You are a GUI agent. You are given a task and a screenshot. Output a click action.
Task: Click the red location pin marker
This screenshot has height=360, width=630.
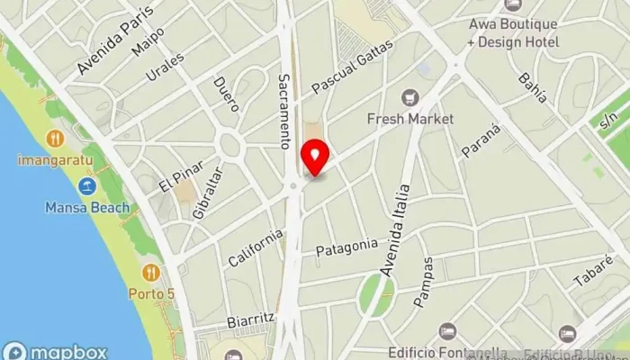[x=315, y=158]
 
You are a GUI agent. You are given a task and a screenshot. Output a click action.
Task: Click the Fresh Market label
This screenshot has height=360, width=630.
[x=409, y=119]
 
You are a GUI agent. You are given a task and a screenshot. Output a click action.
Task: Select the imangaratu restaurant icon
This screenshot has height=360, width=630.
[x=54, y=139]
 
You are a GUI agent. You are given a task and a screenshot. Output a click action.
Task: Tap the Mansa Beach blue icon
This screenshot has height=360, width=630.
[x=87, y=186]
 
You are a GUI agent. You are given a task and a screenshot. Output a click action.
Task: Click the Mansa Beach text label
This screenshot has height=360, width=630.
[x=87, y=208]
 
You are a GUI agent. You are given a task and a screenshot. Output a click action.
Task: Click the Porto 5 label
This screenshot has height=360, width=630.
[x=151, y=292]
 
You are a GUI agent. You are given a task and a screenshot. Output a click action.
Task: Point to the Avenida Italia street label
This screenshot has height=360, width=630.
[x=394, y=229]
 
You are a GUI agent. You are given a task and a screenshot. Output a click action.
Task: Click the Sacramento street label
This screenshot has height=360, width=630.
[x=285, y=111]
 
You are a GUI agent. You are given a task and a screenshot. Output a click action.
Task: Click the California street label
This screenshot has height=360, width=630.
[x=255, y=247]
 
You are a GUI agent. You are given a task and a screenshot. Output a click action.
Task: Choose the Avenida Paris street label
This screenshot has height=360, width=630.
[x=115, y=40]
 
